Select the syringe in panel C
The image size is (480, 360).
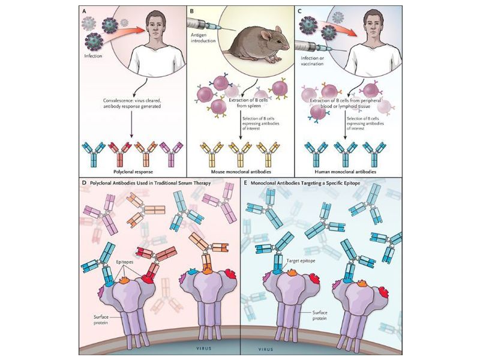[311, 44]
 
